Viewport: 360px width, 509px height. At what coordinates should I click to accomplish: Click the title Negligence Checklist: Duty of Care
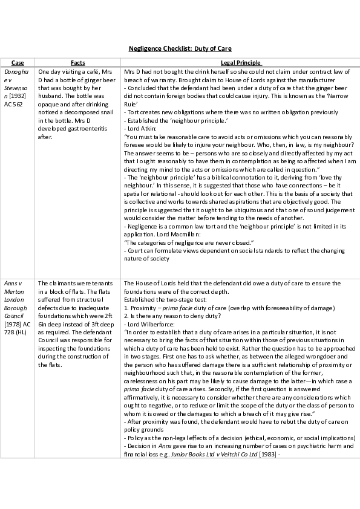click(180, 48)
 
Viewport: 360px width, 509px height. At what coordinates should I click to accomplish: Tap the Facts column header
click(77, 62)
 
